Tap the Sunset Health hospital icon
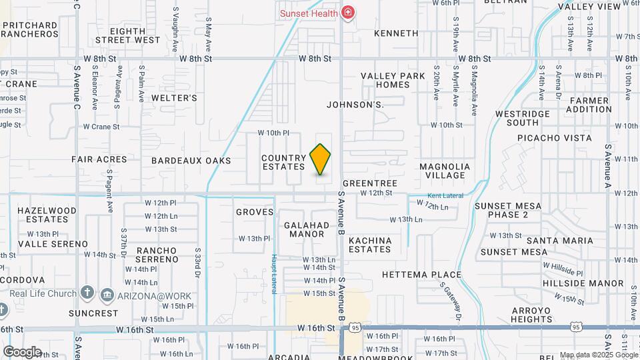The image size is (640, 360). [347, 12]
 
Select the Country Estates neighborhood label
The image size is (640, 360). [283, 162]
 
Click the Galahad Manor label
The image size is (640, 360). [307, 229]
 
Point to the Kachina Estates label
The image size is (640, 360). [369, 244]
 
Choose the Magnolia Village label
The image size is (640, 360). [445, 171]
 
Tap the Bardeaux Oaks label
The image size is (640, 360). [191, 161]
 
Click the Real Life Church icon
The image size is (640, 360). [87, 293]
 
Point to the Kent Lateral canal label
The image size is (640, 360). [445, 195]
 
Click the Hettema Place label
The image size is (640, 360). [421, 275]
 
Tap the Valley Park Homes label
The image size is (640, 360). [393, 80]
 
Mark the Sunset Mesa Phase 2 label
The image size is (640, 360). [508, 210]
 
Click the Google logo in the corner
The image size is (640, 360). [22, 351]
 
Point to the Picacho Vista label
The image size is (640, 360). [555, 139]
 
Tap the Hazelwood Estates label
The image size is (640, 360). [47, 214]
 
